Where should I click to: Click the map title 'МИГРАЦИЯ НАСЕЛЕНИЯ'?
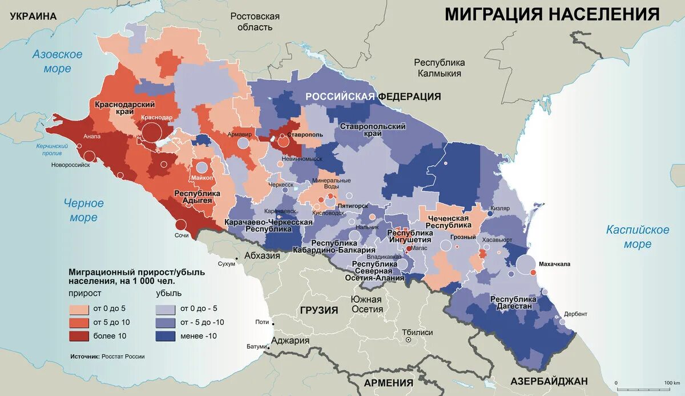coord(552,14)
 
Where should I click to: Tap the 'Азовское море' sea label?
coord(57,62)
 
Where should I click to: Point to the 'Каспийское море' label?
coord(637,237)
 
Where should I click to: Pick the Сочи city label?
coord(182,235)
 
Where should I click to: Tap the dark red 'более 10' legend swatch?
coord(82,335)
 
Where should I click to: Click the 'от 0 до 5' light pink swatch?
coord(82,309)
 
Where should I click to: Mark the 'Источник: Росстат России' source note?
coord(108,356)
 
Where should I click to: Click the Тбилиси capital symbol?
coord(409,340)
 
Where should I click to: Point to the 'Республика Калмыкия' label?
coord(440,67)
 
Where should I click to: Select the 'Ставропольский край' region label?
coord(372,129)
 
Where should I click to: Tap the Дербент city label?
coord(575,314)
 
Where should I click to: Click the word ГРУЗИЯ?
coord(319,310)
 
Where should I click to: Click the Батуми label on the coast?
coord(257,346)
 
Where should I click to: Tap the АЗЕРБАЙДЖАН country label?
coord(549,381)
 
